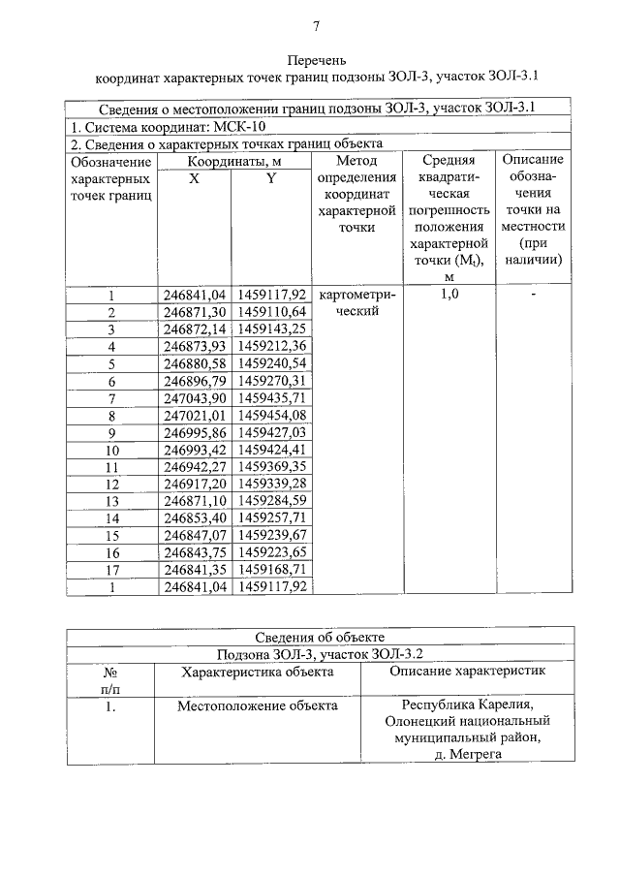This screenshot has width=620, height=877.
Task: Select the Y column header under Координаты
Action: pyautogui.click(x=271, y=178)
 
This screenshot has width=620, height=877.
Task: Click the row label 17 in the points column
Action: pyautogui.click(x=111, y=570)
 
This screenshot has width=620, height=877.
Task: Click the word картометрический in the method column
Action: pyautogui.click(x=356, y=303)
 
